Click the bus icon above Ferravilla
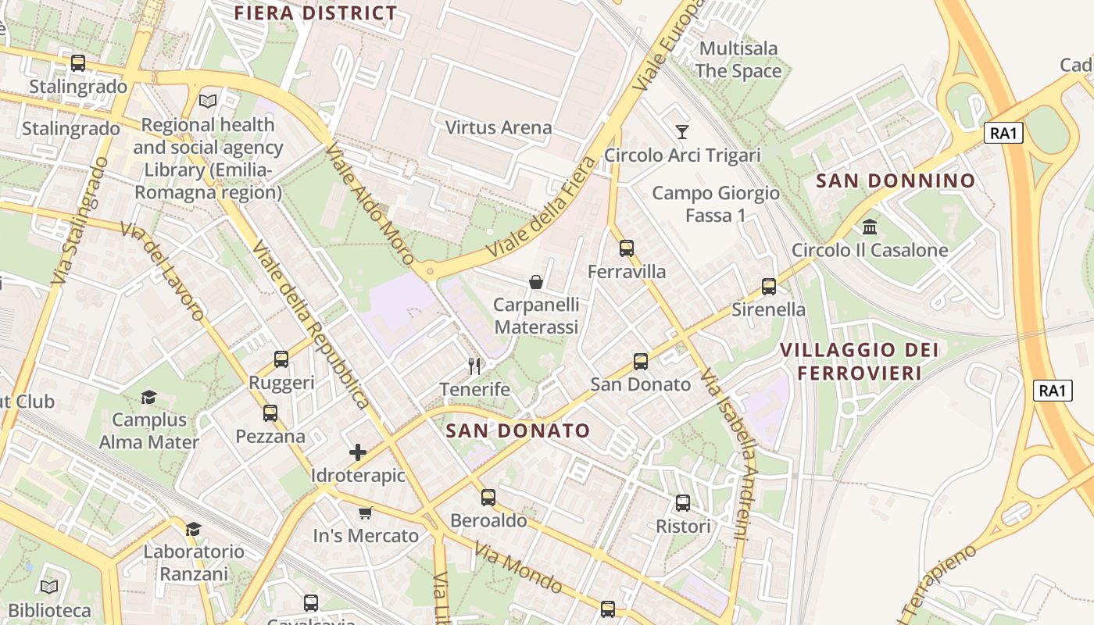click(x=627, y=248)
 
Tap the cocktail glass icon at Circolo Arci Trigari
click(x=682, y=131)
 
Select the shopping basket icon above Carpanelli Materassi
click(x=536, y=281)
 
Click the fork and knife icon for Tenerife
click(x=474, y=366)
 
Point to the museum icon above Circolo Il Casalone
click(x=869, y=227)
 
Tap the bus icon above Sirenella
click(x=769, y=287)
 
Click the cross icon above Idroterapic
click(x=358, y=452)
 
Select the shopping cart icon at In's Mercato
click(x=365, y=512)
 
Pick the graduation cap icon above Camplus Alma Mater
click(x=148, y=398)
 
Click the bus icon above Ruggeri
click(x=281, y=359)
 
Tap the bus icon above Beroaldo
click(x=488, y=497)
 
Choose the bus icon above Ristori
click(x=683, y=503)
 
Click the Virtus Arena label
click(x=499, y=127)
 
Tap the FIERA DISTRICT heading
click(x=316, y=13)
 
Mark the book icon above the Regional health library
click(x=208, y=101)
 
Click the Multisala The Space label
click(x=738, y=59)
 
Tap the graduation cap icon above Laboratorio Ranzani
click(x=193, y=529)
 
